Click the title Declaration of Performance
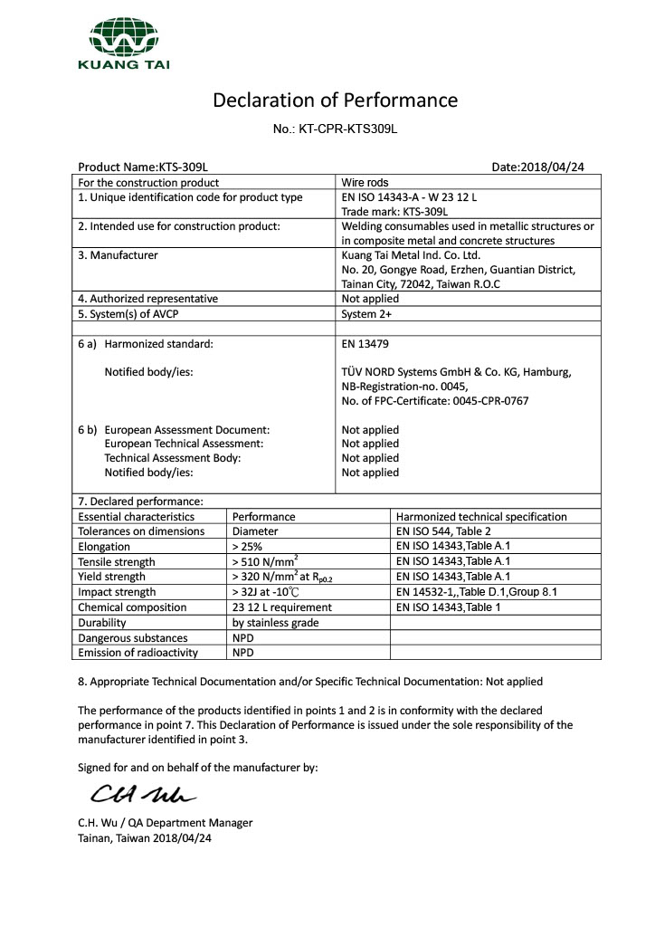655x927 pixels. pos(335,100)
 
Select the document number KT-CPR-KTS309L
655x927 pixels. pos(335,129)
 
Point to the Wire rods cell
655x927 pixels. pos(365,183)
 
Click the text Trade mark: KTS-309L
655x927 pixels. pos(394,211)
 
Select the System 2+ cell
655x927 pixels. pos(366,314)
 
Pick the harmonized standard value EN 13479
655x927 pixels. pos(364,344)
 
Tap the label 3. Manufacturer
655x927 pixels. pos(118,255)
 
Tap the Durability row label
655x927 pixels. pos(102,623)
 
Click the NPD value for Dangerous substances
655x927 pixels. pos(242,637)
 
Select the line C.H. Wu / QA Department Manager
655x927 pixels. pos(166,823)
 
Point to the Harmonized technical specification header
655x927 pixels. pos(481,517)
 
